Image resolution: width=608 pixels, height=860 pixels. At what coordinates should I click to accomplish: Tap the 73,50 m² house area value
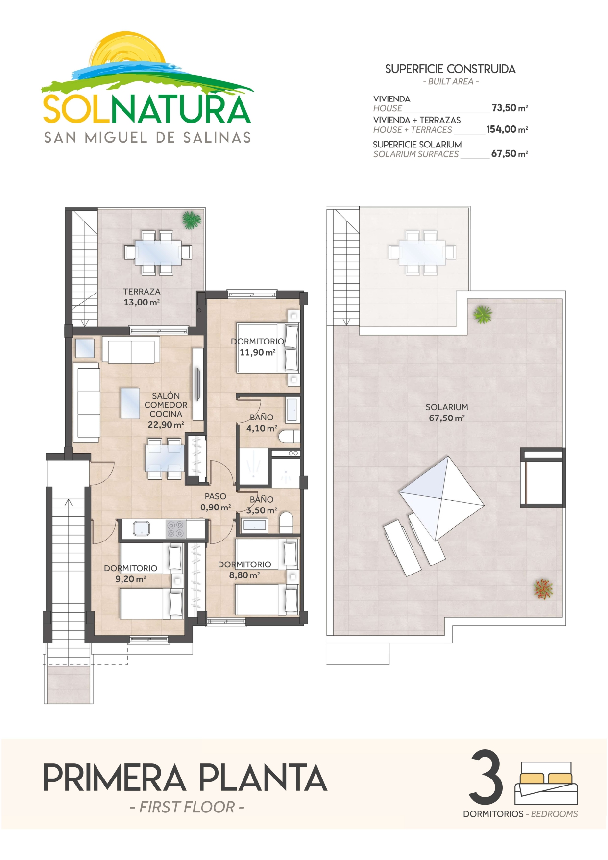510,108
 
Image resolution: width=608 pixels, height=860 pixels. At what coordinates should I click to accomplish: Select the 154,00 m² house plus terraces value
507,129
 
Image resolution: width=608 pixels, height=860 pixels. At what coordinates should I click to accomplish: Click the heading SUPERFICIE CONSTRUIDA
450,69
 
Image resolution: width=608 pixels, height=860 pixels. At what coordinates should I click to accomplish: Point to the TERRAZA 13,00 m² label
142,297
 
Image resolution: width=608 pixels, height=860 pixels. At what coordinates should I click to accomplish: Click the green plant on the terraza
192,220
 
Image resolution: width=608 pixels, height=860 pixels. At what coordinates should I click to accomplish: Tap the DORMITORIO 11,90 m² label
258,347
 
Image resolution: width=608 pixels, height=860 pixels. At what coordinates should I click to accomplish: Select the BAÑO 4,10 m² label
262,423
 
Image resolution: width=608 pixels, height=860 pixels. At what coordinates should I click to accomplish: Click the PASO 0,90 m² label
216,502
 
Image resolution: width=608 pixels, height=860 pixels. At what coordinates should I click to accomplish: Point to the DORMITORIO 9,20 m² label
131,573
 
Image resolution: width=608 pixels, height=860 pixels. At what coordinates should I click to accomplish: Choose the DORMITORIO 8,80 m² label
244,570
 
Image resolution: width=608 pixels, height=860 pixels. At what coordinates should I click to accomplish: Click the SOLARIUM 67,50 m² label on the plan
447,413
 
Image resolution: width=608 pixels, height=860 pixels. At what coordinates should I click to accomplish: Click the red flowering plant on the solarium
543,589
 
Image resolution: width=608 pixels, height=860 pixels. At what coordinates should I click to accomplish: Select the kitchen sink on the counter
142,528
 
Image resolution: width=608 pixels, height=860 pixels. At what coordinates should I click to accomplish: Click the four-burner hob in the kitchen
175,529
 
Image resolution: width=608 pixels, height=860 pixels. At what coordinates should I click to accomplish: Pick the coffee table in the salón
130,403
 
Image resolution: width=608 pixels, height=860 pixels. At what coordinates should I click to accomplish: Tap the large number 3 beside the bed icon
486,777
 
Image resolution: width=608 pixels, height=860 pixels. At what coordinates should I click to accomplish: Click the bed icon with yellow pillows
546,783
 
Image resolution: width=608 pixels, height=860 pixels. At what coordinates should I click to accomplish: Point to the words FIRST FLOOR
187,807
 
